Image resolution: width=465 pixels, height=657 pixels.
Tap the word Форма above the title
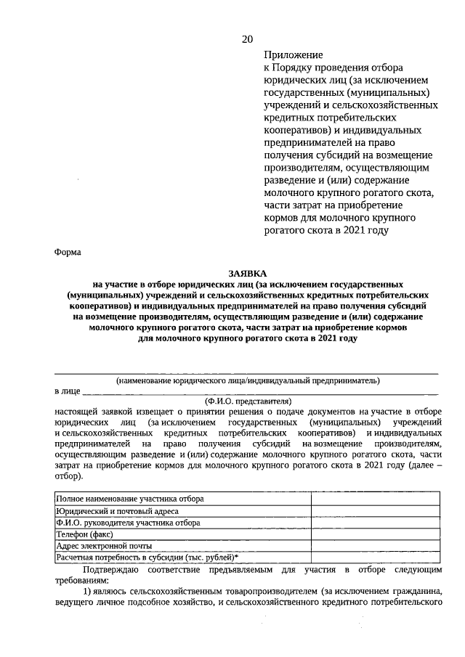(x=68, y=253)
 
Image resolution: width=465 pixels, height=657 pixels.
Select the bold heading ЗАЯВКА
(x=247, y=273)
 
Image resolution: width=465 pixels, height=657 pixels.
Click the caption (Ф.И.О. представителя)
(x=248, y=400)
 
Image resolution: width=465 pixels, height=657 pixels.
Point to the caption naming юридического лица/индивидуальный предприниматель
(x=248, y=380)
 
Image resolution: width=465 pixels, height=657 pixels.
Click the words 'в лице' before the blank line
(x=67, y=391)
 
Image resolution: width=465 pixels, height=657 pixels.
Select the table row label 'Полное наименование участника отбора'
(x=130, y=499)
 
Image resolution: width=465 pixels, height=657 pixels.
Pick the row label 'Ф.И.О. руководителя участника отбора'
(x=128, y=522)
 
